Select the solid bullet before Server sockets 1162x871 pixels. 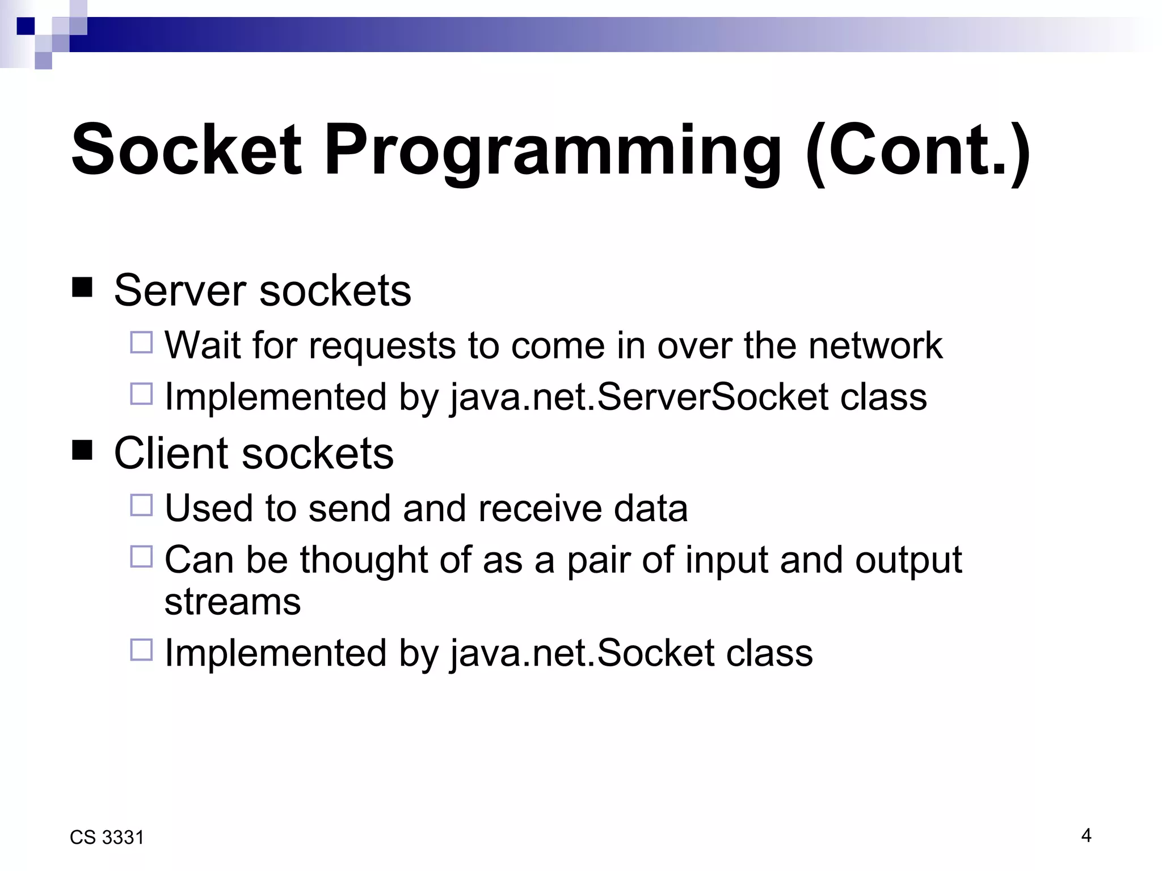tap(82, 287)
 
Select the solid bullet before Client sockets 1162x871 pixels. tap(82, 450)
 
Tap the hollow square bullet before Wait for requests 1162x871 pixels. tap(141, 343)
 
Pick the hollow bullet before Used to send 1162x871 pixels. tap(141, 505)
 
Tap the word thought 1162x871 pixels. tap(364, 560)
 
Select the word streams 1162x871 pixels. tap(232, 602)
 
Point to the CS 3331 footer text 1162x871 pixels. tap(107, 838)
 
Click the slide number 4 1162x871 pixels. tap(1086, 835)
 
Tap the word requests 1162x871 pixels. tap(382, 346)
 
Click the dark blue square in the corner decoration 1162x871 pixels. tap(26, 26)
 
